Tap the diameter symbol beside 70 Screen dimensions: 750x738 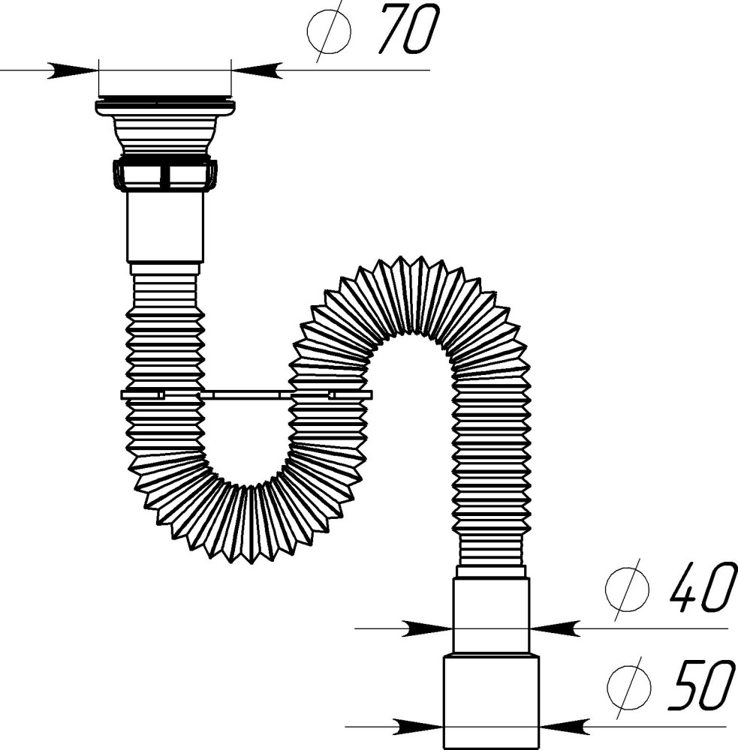pos(329,31)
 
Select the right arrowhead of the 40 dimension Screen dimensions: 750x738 pos(556,628)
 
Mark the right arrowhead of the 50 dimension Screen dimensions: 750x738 pos(565,726)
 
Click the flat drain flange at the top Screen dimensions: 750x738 pos(165,106)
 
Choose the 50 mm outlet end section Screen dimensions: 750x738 pos(492,701)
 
